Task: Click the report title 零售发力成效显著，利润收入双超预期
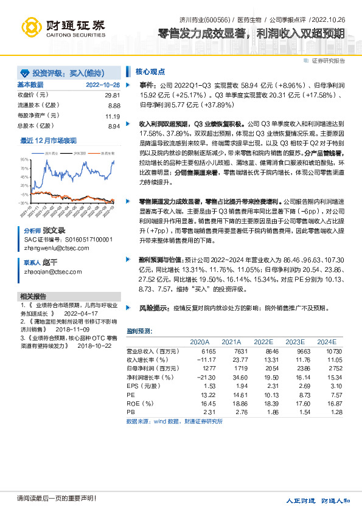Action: click(251, 33)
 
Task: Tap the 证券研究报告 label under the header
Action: click(328, 61)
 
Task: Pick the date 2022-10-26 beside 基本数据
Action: click(103, 85)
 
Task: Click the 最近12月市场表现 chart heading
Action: click(49, 140)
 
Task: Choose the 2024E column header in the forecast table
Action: click(326, 342)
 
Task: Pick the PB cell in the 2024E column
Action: click(329, 412)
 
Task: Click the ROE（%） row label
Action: click(142, 403)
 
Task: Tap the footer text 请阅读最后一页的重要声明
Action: click(49, 499)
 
